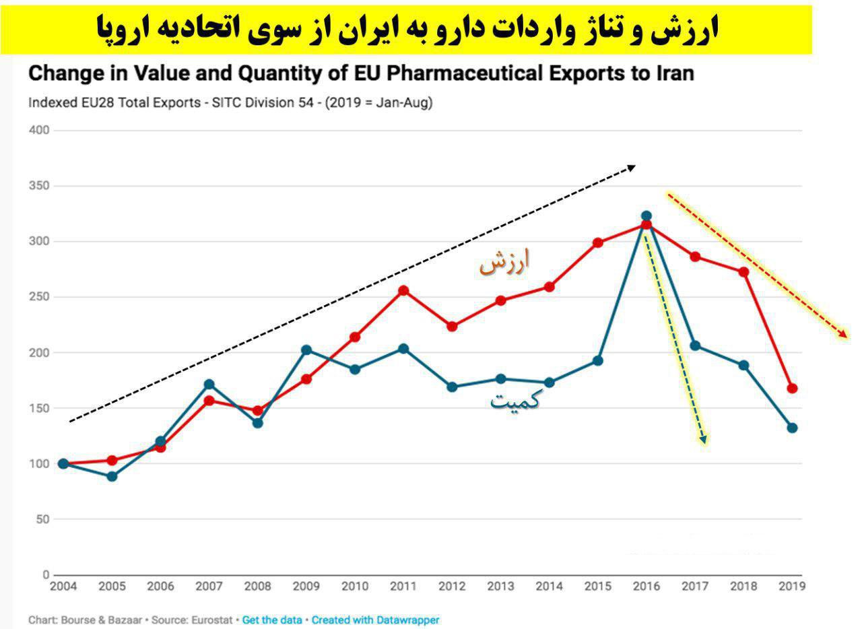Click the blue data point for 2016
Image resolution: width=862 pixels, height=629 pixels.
click(x=646, y=216)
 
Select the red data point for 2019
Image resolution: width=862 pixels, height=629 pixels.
click(x=792, y=389)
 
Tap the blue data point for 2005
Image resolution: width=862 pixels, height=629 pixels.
click(x=112, y=476)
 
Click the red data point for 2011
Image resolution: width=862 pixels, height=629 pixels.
click(x=403, y=291)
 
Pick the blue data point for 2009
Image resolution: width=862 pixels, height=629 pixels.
click(x=306, y=350)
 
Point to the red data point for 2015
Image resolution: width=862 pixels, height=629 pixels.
click(x=598, y=243)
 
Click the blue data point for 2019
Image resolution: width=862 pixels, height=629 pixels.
click(x=792, y=428)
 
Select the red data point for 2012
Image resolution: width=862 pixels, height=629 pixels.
click(x=452, y=327)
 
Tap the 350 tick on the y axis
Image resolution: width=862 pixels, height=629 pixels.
click(x=39, y=186)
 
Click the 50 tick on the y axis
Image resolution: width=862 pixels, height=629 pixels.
click(x=42, y=519)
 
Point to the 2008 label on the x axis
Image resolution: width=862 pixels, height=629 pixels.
click(x=257, y=587)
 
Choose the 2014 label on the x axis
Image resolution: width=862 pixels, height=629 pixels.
click(x=549, y=587)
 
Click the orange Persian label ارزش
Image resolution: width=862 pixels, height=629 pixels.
click(x=504, y=262)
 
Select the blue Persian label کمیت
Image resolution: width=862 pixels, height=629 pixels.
click(x=515, y=401)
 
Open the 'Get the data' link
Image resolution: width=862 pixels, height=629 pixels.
click(x=272, y=620)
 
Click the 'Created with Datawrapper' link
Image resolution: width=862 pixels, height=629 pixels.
click(x=375, y=620)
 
